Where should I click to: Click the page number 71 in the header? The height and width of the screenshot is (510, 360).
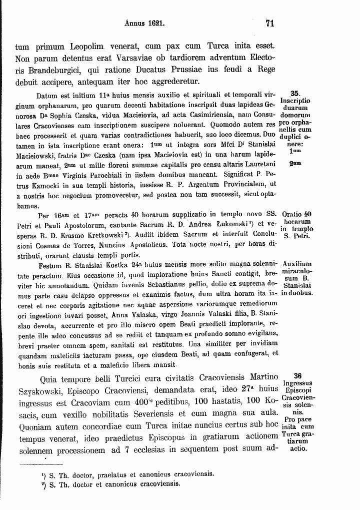270,23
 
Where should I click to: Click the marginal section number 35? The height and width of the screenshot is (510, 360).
295,93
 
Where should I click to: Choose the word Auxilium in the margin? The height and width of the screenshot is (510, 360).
297,263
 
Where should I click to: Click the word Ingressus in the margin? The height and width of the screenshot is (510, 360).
298,383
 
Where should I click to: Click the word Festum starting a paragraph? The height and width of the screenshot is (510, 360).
50,263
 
